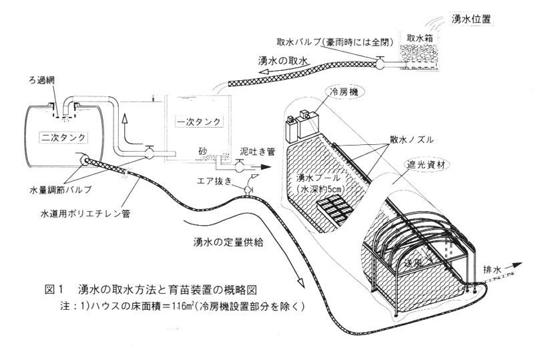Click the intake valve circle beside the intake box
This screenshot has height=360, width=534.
click(x=380, y=64)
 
